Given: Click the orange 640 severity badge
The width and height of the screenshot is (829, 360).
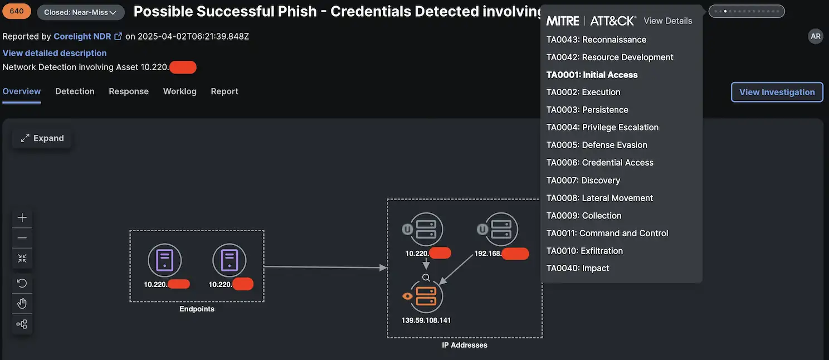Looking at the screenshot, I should (x=17, y=11).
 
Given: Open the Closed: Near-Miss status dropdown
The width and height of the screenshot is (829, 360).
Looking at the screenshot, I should (x=80, y=12).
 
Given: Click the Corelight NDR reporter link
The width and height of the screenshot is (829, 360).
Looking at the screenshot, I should (x=82, y=36).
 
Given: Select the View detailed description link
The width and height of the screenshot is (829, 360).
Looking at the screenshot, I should (x=55, y=53).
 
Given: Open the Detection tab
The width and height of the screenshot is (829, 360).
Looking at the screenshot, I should (x=75, y=91).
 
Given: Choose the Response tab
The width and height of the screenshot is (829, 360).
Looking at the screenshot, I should (x=129, y=91).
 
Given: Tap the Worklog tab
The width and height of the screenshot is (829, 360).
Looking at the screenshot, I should (x=179, y=91).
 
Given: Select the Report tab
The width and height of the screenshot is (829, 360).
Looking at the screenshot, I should (x=225, y=91).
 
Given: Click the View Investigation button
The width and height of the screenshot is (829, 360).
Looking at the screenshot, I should (x=777, y=92).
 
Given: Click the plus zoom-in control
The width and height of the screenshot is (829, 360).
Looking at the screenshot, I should (x=22, y=217).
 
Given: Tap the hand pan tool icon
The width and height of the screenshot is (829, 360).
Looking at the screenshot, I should (x=22, y=303).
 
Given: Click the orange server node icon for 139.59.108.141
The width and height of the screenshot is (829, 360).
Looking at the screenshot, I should (x=426, y=296).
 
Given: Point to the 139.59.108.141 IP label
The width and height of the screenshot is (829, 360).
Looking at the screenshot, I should (x=426, y=320).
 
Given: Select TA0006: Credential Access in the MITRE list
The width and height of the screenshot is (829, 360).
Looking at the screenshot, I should (x=599, y=163).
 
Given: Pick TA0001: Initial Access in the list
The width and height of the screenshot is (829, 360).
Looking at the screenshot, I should (x=592, y=75).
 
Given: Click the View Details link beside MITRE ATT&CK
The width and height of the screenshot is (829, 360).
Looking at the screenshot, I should (x=667, y=21).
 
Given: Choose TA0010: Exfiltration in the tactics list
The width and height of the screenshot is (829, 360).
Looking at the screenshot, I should (x=584, y=251).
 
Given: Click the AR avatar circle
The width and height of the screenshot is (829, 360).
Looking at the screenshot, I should (x=816, y=36).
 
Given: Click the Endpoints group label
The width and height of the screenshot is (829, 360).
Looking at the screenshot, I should (x=197, y=309).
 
